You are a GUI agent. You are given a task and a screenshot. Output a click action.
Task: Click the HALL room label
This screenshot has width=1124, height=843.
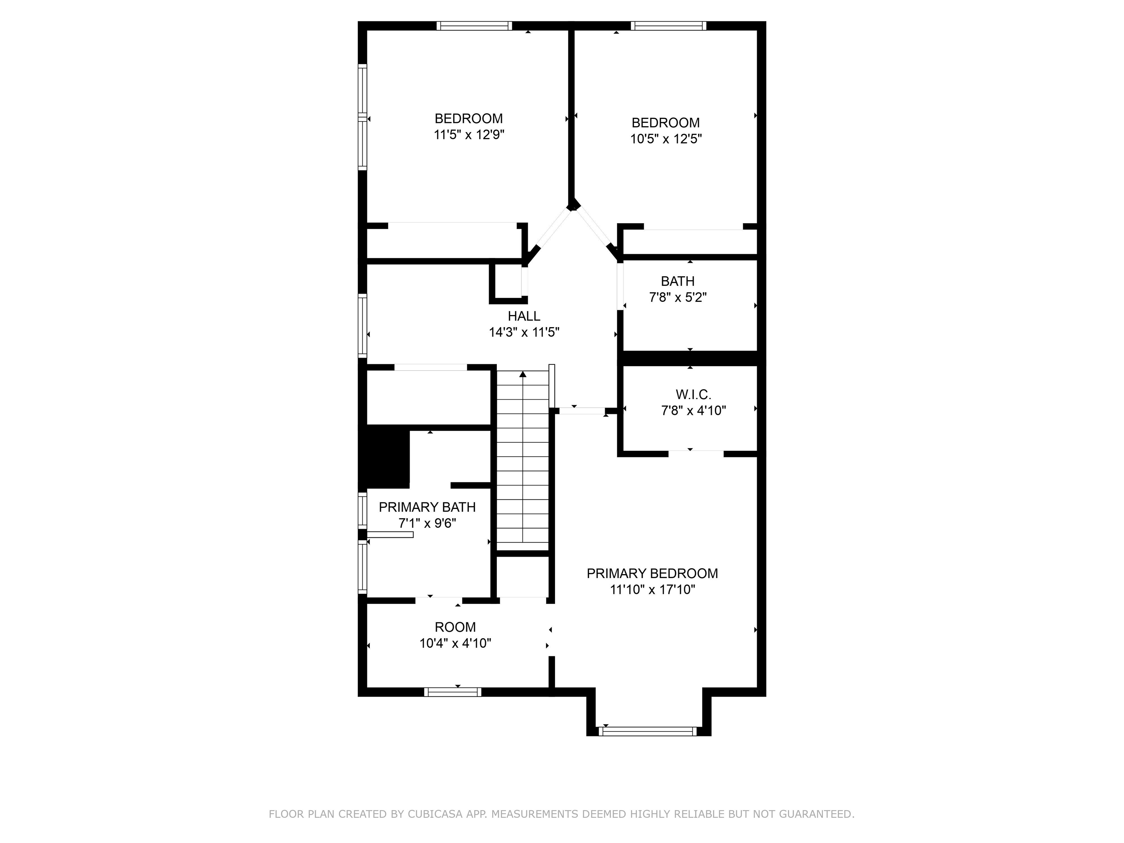point(524,316)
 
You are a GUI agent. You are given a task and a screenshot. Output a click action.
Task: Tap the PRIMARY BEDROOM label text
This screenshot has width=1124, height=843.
point(652,574)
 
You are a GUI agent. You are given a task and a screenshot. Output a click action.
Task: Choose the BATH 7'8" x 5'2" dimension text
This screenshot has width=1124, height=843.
point(678,297)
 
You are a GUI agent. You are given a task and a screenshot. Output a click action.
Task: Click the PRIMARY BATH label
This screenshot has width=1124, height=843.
point(427,507)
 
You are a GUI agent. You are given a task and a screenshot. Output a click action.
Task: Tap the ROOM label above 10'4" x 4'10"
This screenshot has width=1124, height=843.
point(455,627)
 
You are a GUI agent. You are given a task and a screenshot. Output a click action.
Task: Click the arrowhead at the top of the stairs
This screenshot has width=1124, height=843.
point(523,375)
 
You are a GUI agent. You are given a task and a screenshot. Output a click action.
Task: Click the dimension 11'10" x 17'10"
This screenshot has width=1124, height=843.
point(652,590)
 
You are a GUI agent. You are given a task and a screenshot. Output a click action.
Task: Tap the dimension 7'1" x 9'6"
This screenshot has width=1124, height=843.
point(427,523)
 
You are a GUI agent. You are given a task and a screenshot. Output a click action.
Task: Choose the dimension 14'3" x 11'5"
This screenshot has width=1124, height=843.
point(524,332)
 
